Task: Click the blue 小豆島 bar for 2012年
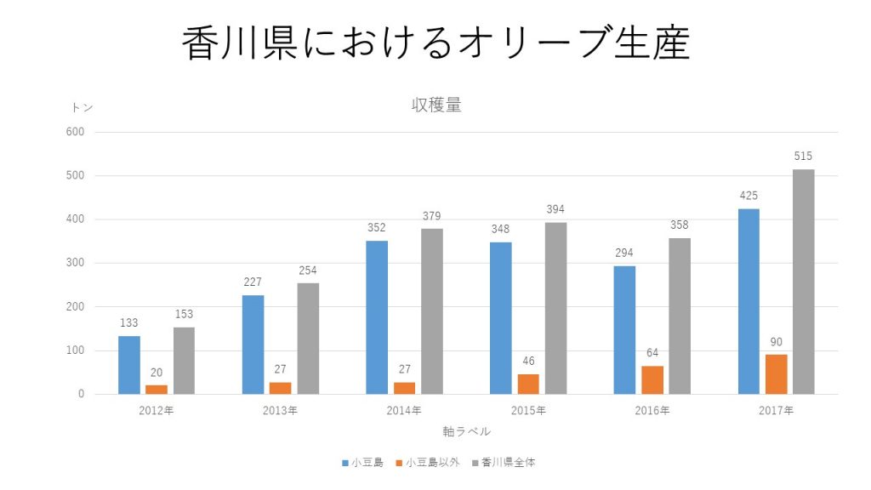pos(129,365)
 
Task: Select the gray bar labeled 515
pos(803,282)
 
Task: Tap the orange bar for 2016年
pos(652,379)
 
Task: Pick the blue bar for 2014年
pos(377,317)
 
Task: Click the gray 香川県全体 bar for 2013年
pos(308,339)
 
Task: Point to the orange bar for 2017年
pos(776,374)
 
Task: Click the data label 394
pos(555,209)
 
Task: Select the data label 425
pos(749,196)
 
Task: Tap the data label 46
pos(528,361)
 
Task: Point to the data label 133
pos(129,322)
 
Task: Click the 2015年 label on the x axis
pos(528,411)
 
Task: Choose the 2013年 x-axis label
pos(281,411)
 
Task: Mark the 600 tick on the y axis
pos(76,132)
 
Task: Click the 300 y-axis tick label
pos(76,263)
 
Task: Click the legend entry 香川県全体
pos(508,463)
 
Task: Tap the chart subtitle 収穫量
pos(436,105)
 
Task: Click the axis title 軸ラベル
pos(466,431)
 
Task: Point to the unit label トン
pos(83,107)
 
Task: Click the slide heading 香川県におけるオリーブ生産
pos(435,43)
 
